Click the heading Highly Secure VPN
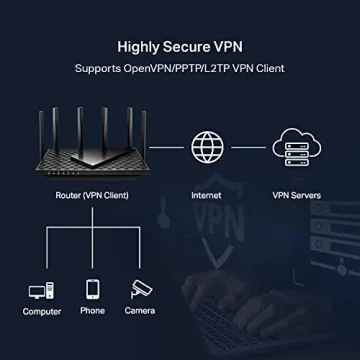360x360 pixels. [180, 46]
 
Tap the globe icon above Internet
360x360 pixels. [206, 146]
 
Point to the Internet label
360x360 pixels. [206, 196]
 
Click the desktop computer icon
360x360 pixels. [41, 291]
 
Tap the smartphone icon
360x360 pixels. [93, 290]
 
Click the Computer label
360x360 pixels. [41, 312]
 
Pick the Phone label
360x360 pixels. [93, 312]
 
